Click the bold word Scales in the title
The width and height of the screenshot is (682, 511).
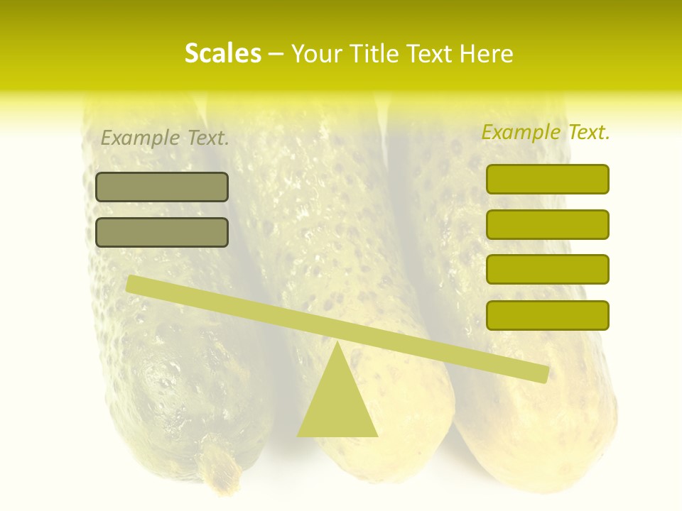(x=222, y=54)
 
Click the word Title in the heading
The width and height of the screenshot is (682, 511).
(x=374, y=54)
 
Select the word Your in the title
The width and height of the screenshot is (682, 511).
(x=316, y=54)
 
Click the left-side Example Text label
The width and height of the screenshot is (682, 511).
(x=165, y=138)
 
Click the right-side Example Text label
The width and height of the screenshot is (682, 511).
(x=546, y=133)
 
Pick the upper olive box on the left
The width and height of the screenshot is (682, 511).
(x=162, y=187)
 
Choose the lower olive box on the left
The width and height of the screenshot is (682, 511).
(x=162, y=232)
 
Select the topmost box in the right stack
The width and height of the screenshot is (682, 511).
(x=547, y=179)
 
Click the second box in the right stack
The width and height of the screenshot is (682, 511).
(x=547, y=224)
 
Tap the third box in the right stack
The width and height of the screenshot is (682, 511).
(x=547, y=270)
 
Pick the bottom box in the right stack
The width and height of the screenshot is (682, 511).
(x=547, y=315)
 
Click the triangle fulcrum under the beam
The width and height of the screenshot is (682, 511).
(x=337, y=405)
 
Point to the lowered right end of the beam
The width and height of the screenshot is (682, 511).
(x=543, y=375)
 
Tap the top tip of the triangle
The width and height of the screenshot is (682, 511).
(x=337, y=344)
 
